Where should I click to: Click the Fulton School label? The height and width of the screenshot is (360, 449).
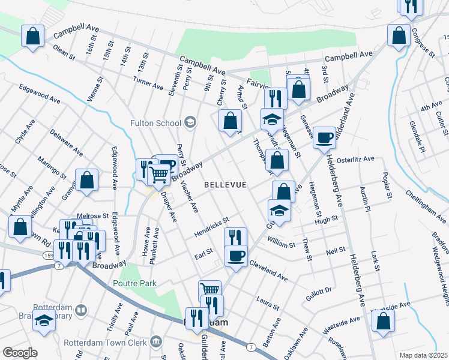coord(155,123)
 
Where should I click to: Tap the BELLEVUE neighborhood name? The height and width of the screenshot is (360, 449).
coord(225,185)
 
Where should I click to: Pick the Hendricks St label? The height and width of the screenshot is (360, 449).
coord(211,227)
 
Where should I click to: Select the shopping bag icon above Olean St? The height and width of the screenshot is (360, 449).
coord(33,36)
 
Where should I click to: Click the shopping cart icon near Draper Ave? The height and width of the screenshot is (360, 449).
coord(158,175)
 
